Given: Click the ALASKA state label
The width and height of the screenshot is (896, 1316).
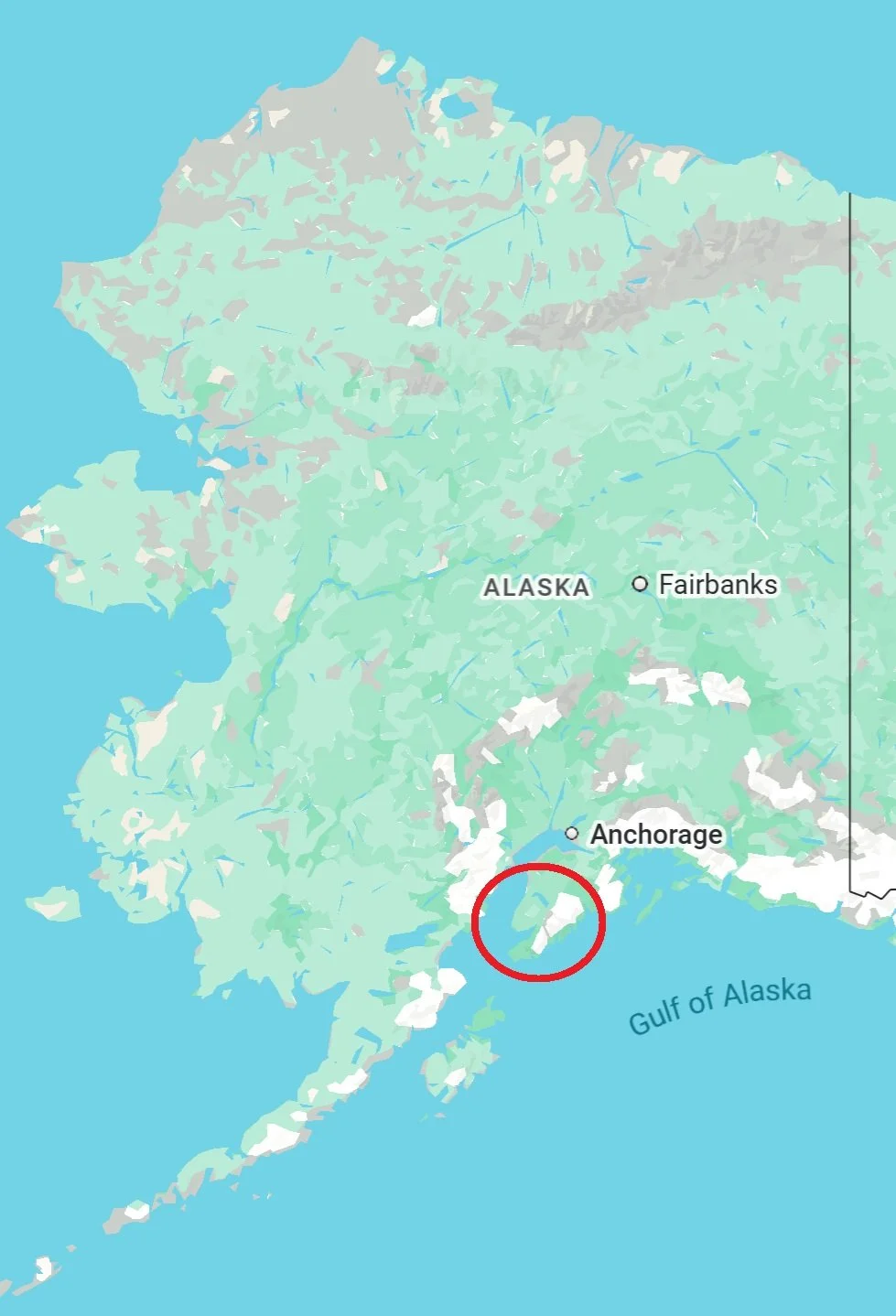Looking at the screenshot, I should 535,587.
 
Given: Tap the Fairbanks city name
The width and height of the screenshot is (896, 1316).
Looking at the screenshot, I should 718,584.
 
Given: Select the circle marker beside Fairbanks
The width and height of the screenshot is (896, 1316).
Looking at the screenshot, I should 640,584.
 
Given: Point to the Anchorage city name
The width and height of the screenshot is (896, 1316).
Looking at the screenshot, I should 656,835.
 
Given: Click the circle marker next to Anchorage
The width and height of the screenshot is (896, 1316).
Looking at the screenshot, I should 572,833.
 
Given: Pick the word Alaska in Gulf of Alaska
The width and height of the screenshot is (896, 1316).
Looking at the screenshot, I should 767,992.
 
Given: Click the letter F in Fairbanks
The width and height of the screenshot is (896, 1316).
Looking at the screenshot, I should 665,584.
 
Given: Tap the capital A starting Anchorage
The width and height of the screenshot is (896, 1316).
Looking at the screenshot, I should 600,835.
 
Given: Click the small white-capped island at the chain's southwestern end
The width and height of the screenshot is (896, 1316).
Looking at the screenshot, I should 42,1268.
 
